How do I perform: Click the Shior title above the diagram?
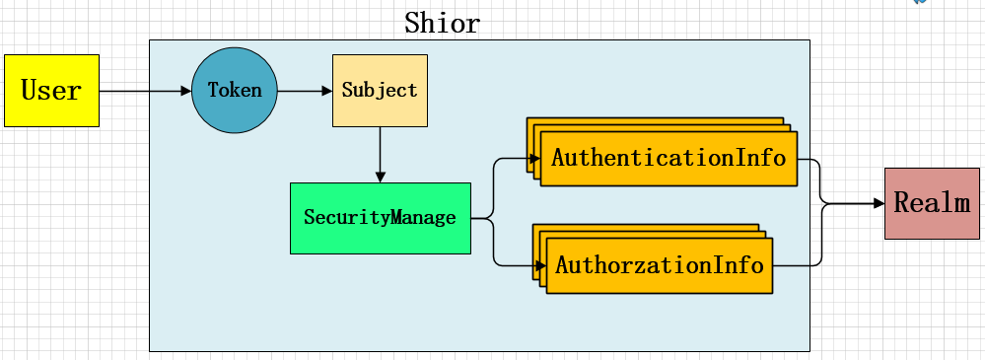[442, 23]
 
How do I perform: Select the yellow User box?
[51, 91]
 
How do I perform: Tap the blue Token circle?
[235, 91]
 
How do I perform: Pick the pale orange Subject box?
[380, 91]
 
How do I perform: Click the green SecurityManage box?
[380, 218]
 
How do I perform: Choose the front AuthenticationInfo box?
[668, 159]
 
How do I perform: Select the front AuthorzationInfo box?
[660, 266]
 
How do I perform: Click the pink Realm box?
[932, 204]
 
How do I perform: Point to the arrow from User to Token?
[144, 91]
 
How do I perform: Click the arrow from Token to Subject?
[305, 91]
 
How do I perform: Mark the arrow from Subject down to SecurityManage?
[380, 154]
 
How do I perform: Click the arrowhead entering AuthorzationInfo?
[540, 266]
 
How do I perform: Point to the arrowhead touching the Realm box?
[878, 204]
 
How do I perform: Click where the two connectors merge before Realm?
[823, 204]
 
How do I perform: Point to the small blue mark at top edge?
[922, 3]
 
